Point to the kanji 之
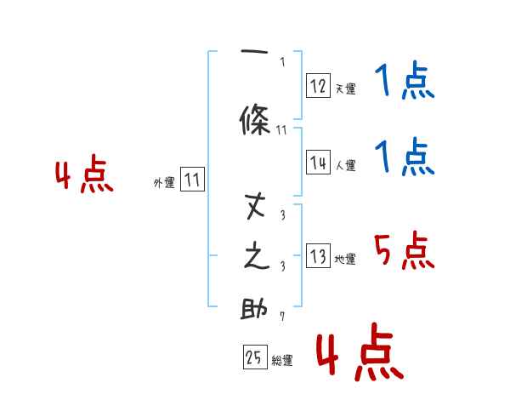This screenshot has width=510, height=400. pyautogui.click(x=256, y=258)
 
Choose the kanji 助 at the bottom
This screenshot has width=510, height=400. pyautogui.click(x=255, y=310)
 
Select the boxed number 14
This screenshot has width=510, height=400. pyautogui.click(x=318, y=162)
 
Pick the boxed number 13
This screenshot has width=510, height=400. pyautogui.click(x=318, y=255)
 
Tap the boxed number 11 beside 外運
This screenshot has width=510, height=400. pyautogui.click(x=192, y=180)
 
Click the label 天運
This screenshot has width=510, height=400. pyautogui.click(x=345, y=88)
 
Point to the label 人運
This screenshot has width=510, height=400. pyautogui.click(x=345, y=165)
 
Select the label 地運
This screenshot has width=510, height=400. pyautogui.click(x=345, y=259)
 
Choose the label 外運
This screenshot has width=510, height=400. pyautogui.click(x=164, y=182)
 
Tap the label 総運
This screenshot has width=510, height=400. pyautogui.click(x=282, y=360)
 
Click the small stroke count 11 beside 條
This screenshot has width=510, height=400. pyautogui.click(x=281, y=130)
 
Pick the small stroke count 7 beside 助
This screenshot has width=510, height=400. pyautogui.click(x=281, y=317)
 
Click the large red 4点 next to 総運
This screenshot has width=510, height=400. pyautogui.click(x=359, y=353)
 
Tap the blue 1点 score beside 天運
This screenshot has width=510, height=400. pyautogui.click(x=405, y=83)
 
